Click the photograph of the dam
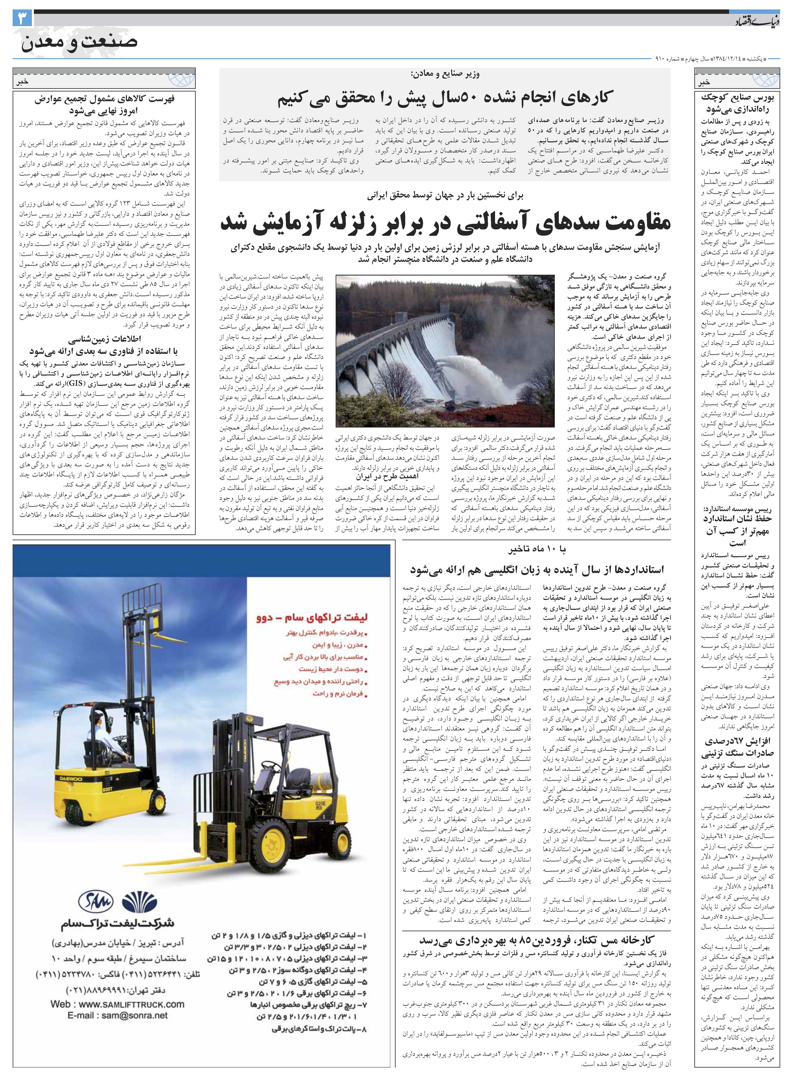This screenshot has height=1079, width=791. pyautogui.click(x=445, y=351)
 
